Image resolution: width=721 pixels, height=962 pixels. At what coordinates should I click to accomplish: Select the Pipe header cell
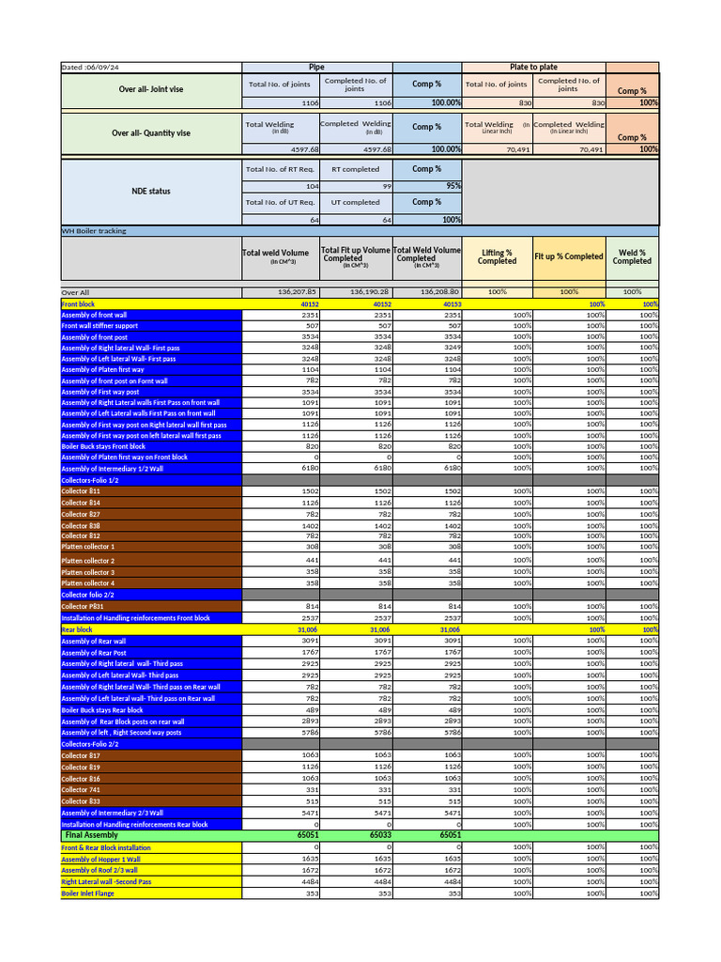coord(316,68)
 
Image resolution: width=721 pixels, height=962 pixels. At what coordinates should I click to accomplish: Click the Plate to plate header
coord(533,68)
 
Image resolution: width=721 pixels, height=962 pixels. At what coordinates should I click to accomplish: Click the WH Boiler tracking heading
coord(94,230)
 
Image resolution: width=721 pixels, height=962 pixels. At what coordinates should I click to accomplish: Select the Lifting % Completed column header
coord(497,256)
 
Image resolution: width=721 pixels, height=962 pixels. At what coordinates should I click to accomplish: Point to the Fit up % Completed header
coord(568,256)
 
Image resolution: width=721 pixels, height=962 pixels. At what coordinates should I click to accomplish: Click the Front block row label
coord(78,304)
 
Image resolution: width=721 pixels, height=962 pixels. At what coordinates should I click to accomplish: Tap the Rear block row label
coord(77,629)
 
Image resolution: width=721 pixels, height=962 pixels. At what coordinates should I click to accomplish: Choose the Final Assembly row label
coord(91,834)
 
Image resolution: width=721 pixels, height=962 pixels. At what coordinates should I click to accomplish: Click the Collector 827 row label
coord(81,514)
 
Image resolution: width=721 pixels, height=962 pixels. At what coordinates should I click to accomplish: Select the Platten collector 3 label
coord(88,572)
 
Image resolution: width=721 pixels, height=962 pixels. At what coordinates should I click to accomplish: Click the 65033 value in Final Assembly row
coord(380,834)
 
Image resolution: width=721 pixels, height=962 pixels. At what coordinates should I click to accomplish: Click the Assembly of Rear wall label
coord(93,641)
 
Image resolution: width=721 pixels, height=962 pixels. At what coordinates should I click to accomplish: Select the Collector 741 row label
coord(81,790)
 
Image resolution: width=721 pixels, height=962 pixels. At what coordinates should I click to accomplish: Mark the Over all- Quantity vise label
coord(151,133)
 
